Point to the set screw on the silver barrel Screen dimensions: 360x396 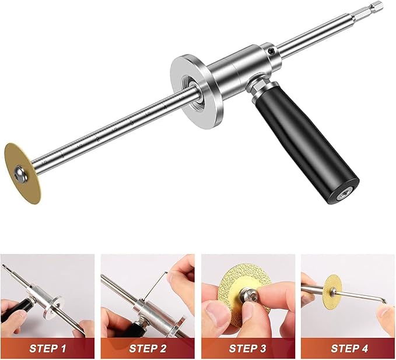point(272,51)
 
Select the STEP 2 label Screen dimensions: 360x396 point(148,349)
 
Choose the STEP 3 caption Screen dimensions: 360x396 point(248,349)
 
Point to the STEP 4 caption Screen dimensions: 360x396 point(348,349)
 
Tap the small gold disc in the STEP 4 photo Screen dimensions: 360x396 point(334,290)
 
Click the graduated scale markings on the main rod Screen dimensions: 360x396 point(117,128)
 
